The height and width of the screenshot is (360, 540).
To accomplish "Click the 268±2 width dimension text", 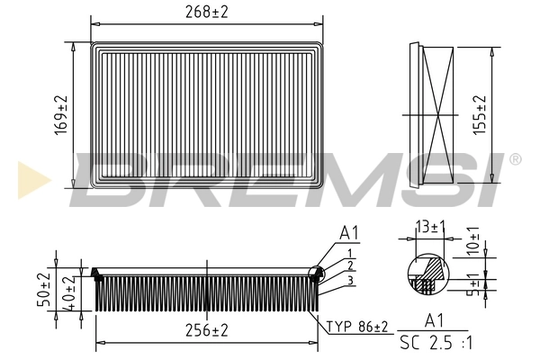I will point(206,11).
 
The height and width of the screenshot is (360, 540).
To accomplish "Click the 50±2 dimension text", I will point(43,291).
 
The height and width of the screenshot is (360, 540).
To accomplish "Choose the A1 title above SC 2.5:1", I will point(433,319).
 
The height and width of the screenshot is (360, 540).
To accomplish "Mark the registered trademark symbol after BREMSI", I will point(514,159).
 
